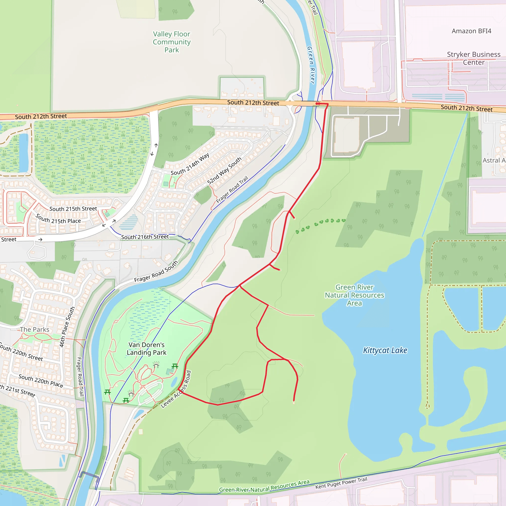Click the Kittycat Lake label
(x=385, y=350)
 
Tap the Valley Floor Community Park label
(x=171, y=42)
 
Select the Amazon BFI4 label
(x=471, y=31)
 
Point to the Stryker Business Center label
(x=474, y=58)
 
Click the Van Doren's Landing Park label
(x=147, y=349)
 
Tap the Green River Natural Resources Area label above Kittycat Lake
(x=354, y=295)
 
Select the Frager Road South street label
(x=156, y=272)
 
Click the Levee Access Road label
(x=176, y=389)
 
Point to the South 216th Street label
(x=145, y=237)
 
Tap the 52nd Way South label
(x=224, y=170)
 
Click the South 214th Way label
(x=190, y=164)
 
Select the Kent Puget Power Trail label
(x=341, y=483)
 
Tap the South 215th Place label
(x=58, y=219)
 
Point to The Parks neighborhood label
(x=35, y=330)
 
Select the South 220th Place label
(x=41, y=381)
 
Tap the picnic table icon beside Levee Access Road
(x=175, y=366)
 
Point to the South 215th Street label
(x=73, y=209)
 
